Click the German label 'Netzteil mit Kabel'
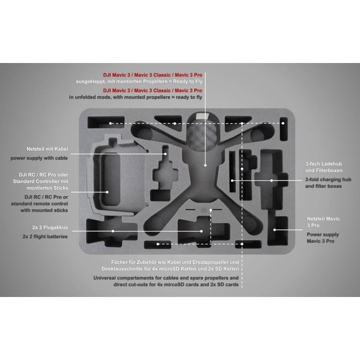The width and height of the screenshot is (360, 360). click(47, 149)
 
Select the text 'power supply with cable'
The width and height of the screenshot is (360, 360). click(39, 158)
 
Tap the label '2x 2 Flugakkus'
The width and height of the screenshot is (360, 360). click(50, 228)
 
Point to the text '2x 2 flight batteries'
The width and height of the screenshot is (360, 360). click(45, 237)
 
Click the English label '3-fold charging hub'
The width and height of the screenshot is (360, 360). click(328, 180)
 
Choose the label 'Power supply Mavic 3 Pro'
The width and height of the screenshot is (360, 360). click(323, 238)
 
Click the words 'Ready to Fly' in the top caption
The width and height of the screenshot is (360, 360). click(188, 81)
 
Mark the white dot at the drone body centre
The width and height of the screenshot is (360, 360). click(205, 165)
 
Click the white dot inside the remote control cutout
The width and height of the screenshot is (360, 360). click(107, 192)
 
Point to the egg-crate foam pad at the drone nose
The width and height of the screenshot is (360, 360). click(202, 136)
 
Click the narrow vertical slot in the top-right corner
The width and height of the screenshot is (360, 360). click(283, 129)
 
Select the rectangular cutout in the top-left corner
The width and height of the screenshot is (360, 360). click(106, 122)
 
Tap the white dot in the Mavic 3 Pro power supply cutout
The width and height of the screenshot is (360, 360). click(274, 229)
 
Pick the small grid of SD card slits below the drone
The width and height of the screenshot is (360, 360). click(204, 210)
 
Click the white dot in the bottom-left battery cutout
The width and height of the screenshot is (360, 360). click(113, 231)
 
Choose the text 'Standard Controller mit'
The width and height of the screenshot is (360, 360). click(40, 181)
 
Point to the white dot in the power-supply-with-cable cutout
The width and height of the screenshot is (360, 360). click(165, 154)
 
